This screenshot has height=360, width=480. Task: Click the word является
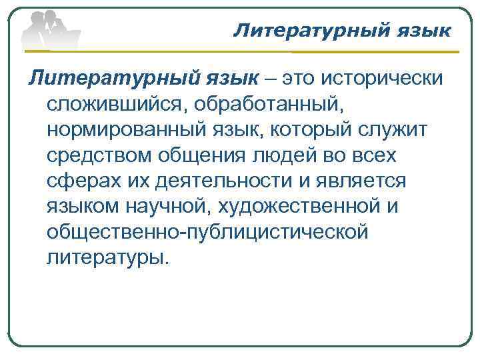coord(363,181)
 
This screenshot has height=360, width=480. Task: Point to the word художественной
coord(295,207)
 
